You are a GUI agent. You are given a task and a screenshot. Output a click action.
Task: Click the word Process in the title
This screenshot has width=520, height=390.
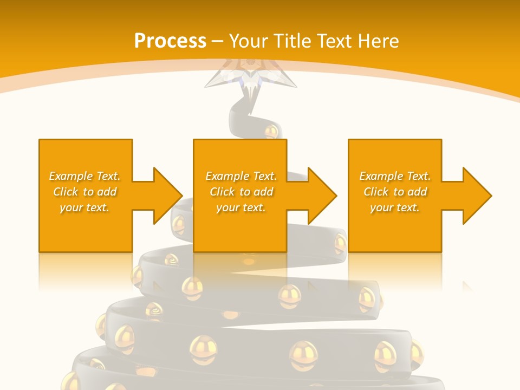[170, 41]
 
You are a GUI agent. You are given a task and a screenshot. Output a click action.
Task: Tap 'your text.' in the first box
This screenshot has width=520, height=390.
[84, 207]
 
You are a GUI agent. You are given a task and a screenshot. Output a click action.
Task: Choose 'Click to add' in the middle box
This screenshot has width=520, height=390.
[241, 192]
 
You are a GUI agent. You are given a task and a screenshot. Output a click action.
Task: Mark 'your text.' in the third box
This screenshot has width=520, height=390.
[395, 207]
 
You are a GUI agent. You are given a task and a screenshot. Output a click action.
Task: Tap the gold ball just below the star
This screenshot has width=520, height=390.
[271, 131]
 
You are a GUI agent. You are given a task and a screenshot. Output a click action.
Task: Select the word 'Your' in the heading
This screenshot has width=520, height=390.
[248, 41]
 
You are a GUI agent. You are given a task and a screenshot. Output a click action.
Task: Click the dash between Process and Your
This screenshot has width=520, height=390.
[217, 41]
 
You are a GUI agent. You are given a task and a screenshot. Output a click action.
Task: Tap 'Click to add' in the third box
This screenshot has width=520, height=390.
[395, 192]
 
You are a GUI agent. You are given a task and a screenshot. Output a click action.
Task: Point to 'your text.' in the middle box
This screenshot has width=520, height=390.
[241, 207]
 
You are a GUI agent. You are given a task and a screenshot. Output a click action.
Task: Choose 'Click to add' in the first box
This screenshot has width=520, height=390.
[84, 192]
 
